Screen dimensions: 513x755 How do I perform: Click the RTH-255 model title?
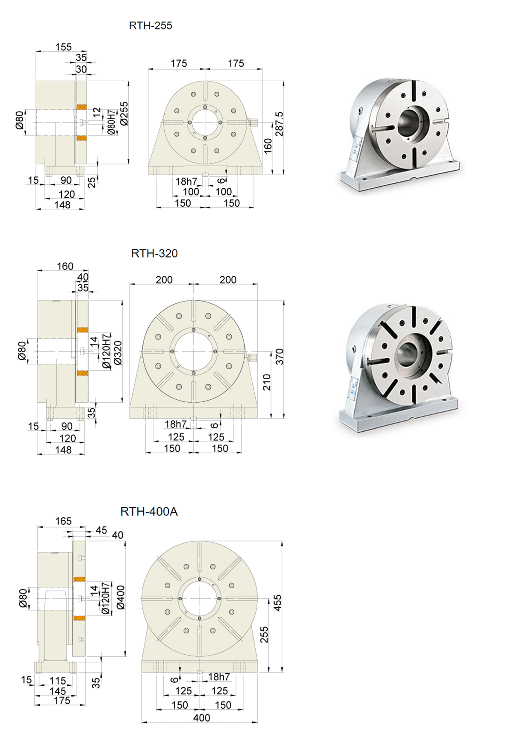[x=150, y=26]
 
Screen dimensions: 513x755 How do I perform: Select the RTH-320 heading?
[x=154, y=254]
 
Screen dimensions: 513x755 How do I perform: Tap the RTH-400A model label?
[x=149, y=512]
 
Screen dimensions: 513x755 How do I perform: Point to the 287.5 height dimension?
[x=279, y=124]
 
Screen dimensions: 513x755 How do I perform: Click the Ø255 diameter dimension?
[x=124, y=113]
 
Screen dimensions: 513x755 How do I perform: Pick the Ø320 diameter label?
[x=118, y=353]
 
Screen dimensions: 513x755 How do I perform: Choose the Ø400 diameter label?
[x=121, y=597]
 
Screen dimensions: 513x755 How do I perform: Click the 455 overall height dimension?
[x=277, y=603]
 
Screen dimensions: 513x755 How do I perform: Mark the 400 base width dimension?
[x=201, y=718]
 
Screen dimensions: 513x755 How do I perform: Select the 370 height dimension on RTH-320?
[x=279, y=357]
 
